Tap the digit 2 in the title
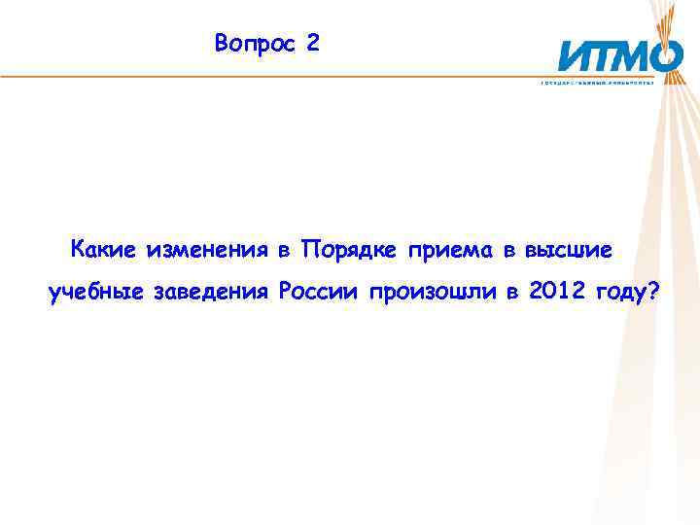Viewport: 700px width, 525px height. (x=310, y=44)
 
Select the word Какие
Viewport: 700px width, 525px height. (x=105, y=250)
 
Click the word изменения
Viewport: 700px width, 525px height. (x=207, y=250)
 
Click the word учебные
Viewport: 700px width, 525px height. (x=94, y=292)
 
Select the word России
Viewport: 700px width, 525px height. (x=319, y=292)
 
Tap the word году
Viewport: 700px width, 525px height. (x=621, y=293)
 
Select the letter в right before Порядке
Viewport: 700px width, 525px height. (x=284, y=251)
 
